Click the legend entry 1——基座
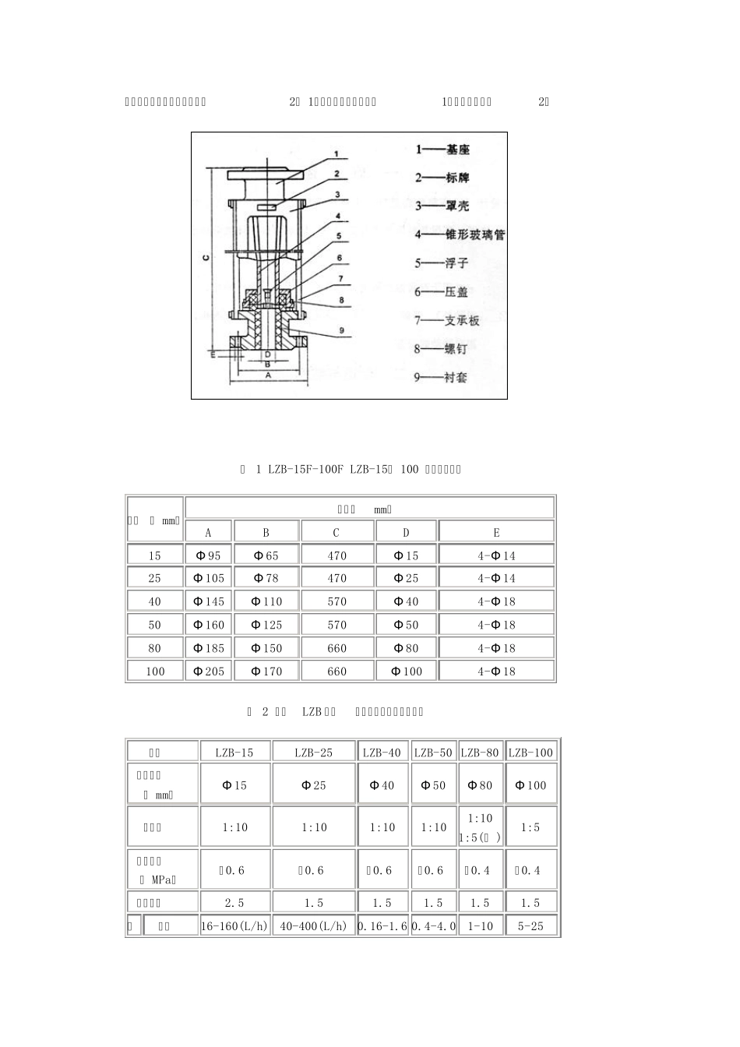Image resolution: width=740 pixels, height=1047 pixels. pyautogui.click(x=442, y=149)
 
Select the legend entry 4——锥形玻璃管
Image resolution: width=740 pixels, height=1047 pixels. pyautogui.click(x=459, y=234)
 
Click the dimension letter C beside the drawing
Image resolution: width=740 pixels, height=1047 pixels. pyautogui.click(x=205, y=257)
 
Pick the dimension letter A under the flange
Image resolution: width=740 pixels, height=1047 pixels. pyautogui.click(x=268, y=375)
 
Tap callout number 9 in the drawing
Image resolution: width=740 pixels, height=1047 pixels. pyautogui.click(x=341, y=330)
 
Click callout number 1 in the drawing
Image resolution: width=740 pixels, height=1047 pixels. pyautogui.click(x=336, y=153)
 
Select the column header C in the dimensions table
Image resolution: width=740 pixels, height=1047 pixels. pyautogui.click(x=337, y=533)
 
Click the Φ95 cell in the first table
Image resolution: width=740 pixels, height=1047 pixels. pyautogui.click(x=208, y=555)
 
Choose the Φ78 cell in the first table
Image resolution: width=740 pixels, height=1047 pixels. pyautogui.click(x=266, y=578)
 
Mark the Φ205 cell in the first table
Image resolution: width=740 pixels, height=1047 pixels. pyautogui.click(x=208, y=671)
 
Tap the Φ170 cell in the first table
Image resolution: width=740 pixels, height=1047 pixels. pyautogui.click(x=266, y=671)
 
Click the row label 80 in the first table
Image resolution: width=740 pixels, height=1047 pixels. pyautogui.click(x=155, y=648)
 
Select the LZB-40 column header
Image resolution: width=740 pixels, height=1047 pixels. pyautogui.click(x=382, y=753)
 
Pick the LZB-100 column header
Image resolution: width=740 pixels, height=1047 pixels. pyautogui.click(x=530, y=753)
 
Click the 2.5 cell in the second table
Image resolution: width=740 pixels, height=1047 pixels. pyautogui.click(x=234, y=903)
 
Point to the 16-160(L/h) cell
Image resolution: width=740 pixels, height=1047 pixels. pyautogui.click(x=234, y=926)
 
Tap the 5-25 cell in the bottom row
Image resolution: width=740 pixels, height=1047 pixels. pyautogui.click(x=530, y=926)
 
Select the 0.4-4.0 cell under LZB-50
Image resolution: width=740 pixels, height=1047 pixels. pyautogui.click(x=434, y=926)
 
